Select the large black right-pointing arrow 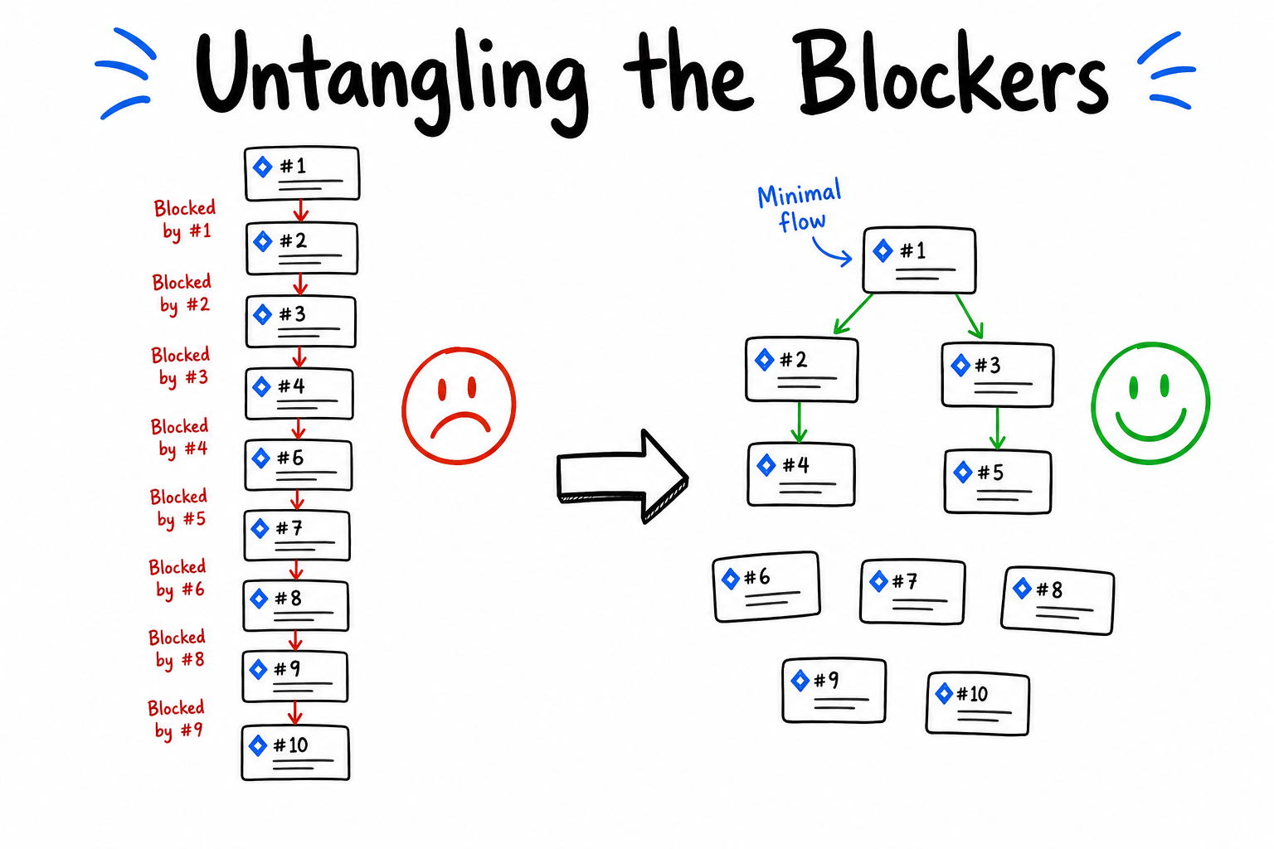(x=622, y=477)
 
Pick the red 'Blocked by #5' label (x=179, y=507)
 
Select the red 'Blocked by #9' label (x=177, y=720)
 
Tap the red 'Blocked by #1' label (x=185, y=220)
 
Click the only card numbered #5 (x=998, y=483)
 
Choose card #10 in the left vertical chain (x=296, y=752)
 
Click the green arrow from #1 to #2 (x=853, y=313)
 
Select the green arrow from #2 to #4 (x=799, y=423)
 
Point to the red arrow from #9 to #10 (x=294, y=713)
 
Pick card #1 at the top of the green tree (x=919, y=260)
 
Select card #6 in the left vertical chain (x=299, y=465)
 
